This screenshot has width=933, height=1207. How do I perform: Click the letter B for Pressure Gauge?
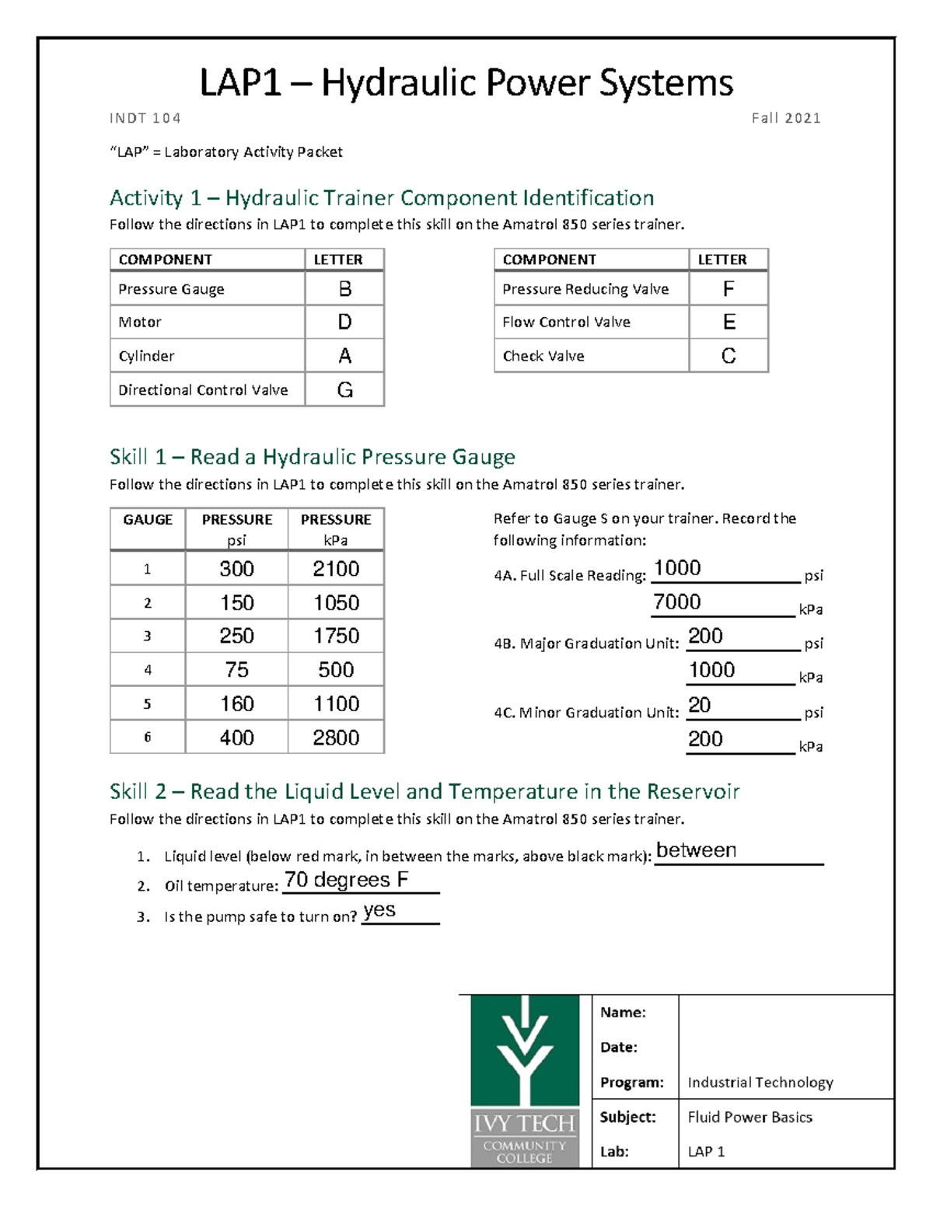pyautogui.click(x=344, y=289)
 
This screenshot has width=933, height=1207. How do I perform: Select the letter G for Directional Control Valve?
pyautogui.click(x=344, y=390)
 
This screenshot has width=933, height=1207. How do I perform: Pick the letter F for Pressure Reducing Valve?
pyautogui.click(x=729, y=289)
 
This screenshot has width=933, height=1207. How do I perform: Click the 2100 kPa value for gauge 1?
pyautogui.click(x=336, y=569)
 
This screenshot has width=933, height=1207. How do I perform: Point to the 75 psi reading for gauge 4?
pyautogui.click(x=236, y=670)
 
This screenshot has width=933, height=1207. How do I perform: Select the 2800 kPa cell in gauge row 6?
pyautogui.click(x=336, y=738)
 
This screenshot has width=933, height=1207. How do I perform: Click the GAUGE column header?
pyautogui.click(x=148, y=520)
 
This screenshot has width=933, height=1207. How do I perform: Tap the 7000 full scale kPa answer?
pyautogui.click(x=677, y=602)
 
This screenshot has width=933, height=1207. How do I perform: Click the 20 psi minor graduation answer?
pyautogui.click(x=700, y=705)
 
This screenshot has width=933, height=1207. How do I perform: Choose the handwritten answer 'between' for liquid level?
pyautogui.click(x=696, y=850)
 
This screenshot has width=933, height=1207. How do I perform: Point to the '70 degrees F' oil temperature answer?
pyautogui.click(x=346, y=880)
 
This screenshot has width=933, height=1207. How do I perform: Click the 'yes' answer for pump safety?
pyautogui.click(x=379, y=910)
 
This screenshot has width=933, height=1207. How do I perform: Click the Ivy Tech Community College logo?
pyautogui.click(x=525, y=1080)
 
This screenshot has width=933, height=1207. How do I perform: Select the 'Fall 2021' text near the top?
pyautogui.click(x=785, y=118)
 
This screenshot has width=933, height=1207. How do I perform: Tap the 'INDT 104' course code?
pyautogui.click(x=145, y=118)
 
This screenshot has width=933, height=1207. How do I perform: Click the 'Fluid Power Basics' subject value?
pyautogui.click(x=750, y=1118)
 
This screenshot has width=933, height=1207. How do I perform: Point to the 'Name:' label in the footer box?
pyautogui.click(x=623, y=1013)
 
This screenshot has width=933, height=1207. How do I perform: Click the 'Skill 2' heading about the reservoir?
pyautogui.click(x=424, y=792)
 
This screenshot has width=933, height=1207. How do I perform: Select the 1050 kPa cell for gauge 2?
pyautogui.click(x=336, y=603)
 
